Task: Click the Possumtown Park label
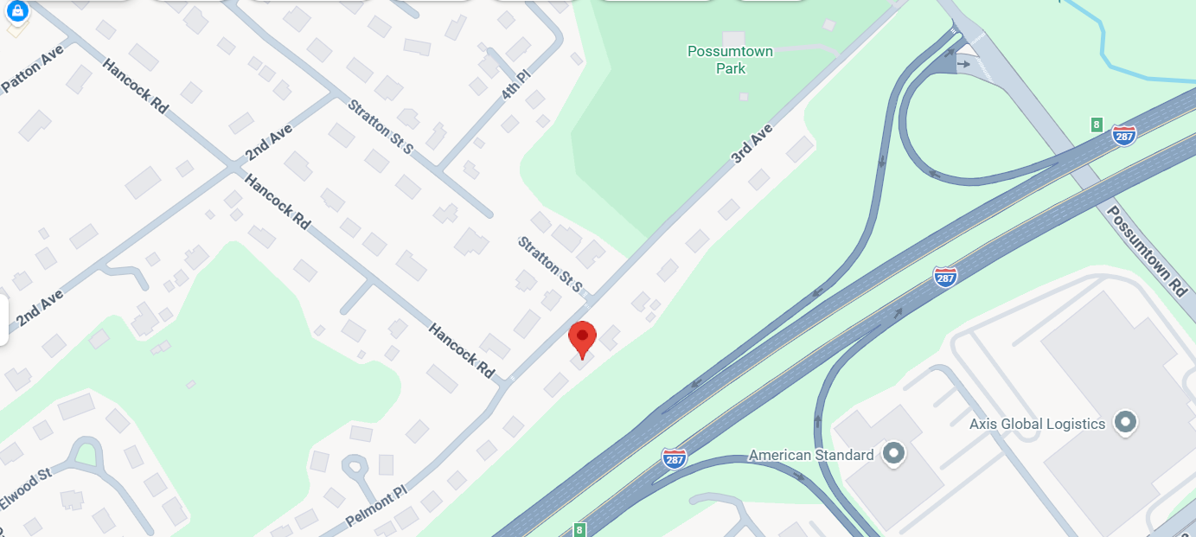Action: point(730,60)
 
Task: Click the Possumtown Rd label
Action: point(1146,252)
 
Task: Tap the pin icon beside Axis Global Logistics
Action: point(1125,423)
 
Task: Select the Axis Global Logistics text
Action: point(1037,424)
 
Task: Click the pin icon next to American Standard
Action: point(893,453)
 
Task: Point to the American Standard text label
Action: point(811,455)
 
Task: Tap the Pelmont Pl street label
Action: point(375,507)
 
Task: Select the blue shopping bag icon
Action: point(17,10)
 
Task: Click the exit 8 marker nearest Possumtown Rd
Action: point(1097,124)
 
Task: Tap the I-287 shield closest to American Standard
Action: point(675,457)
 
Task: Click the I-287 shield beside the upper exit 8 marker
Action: point(1123,135)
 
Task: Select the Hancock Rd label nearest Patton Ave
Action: point(134,86)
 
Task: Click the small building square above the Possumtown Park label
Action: point(733,39)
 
